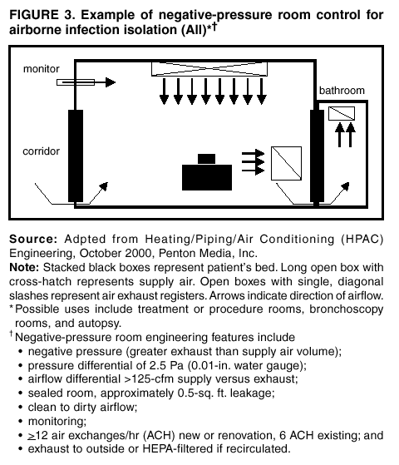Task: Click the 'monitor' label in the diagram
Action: point(41,67)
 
